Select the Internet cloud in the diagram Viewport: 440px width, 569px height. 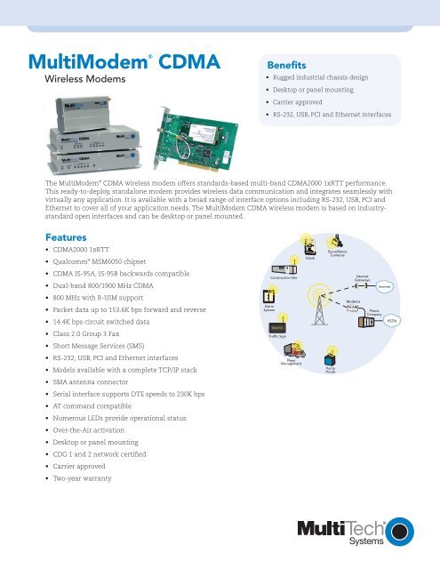[385, 285]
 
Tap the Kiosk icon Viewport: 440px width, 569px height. [310, 246]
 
